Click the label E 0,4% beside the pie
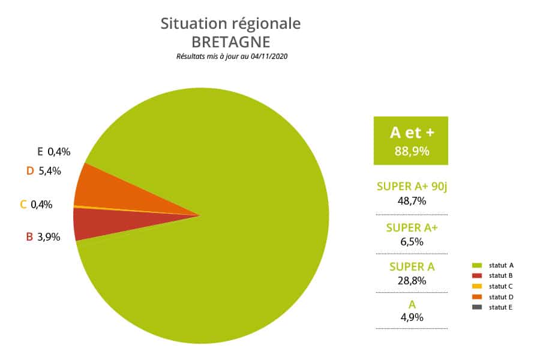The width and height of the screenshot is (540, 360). (54, 152)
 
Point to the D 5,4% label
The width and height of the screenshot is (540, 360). (44, 171)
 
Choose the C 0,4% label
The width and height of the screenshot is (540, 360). (36, 204)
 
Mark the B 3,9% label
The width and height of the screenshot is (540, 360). (43, 236)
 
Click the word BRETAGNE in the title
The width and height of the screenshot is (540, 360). (231, 43)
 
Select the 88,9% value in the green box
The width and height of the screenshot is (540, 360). (412, 151)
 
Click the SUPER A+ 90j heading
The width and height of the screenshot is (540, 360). (412, 187)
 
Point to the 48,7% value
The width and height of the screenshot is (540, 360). (412, 200)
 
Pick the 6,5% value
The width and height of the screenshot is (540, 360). (412, 241)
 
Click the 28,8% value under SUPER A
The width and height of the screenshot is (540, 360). (412, 280)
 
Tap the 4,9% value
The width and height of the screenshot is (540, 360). (412, 317)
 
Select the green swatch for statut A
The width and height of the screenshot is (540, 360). (477, 265)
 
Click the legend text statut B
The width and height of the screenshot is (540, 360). (501, 275)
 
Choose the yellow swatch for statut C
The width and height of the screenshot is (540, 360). (477, 286)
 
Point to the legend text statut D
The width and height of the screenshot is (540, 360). (501, 297)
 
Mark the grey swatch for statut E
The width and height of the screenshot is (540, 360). (477, 307)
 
